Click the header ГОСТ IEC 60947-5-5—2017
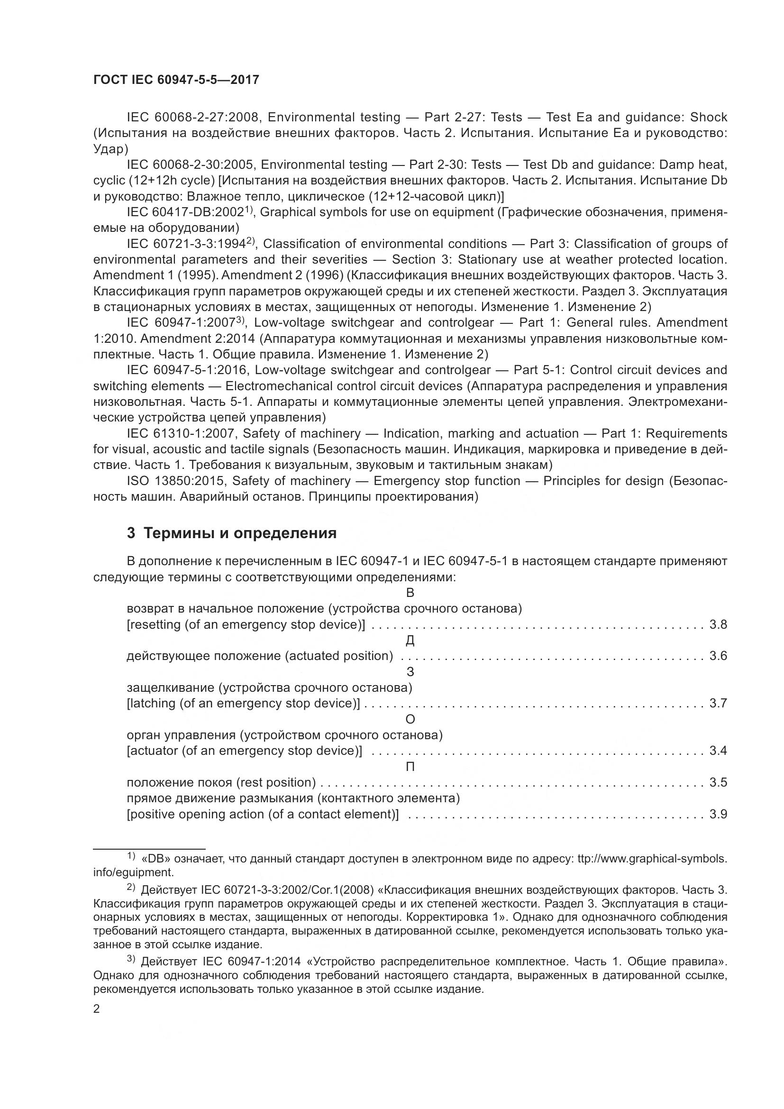(x=176, y=80)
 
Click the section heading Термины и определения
(x=232, y=533)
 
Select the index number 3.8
(x=718, y=624)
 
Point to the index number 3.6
(x=718, y=656)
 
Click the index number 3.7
(x=718, y=703)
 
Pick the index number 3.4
(x=718, y=751)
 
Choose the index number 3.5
(x=718, y=782)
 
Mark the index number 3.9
(x=718, y=815)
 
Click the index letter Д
(x=410, y=641)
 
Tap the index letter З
(x=410, y=672)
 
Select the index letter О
(x=410, y=719)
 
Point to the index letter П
(x=410, y=767)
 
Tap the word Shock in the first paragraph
(x=708, y=118)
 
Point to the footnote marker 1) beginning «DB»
(x=131, y=856)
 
